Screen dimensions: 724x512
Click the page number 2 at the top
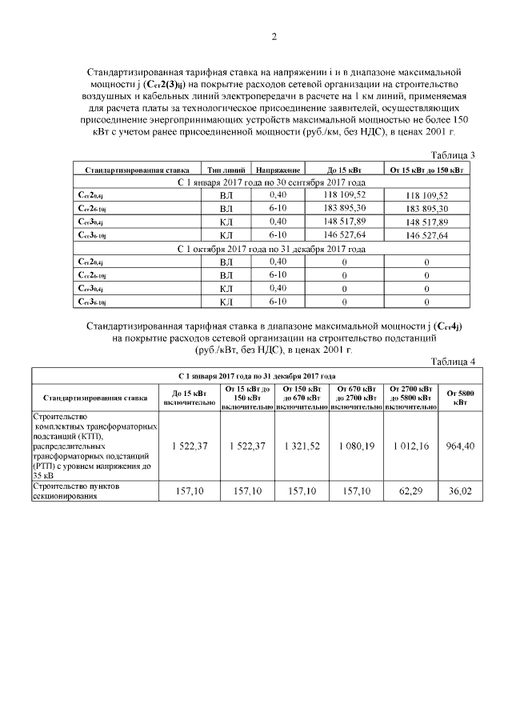[274, 36]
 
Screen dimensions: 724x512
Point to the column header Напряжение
[278, 170]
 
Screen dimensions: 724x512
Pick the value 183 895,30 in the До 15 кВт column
[344, 208]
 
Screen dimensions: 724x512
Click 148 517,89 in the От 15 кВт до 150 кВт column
[426, 222]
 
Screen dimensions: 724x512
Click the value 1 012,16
[410, 446]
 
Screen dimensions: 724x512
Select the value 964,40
[460, 446]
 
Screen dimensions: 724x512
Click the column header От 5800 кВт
[460, 396]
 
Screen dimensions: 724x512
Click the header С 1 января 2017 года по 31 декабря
[256, 374]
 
